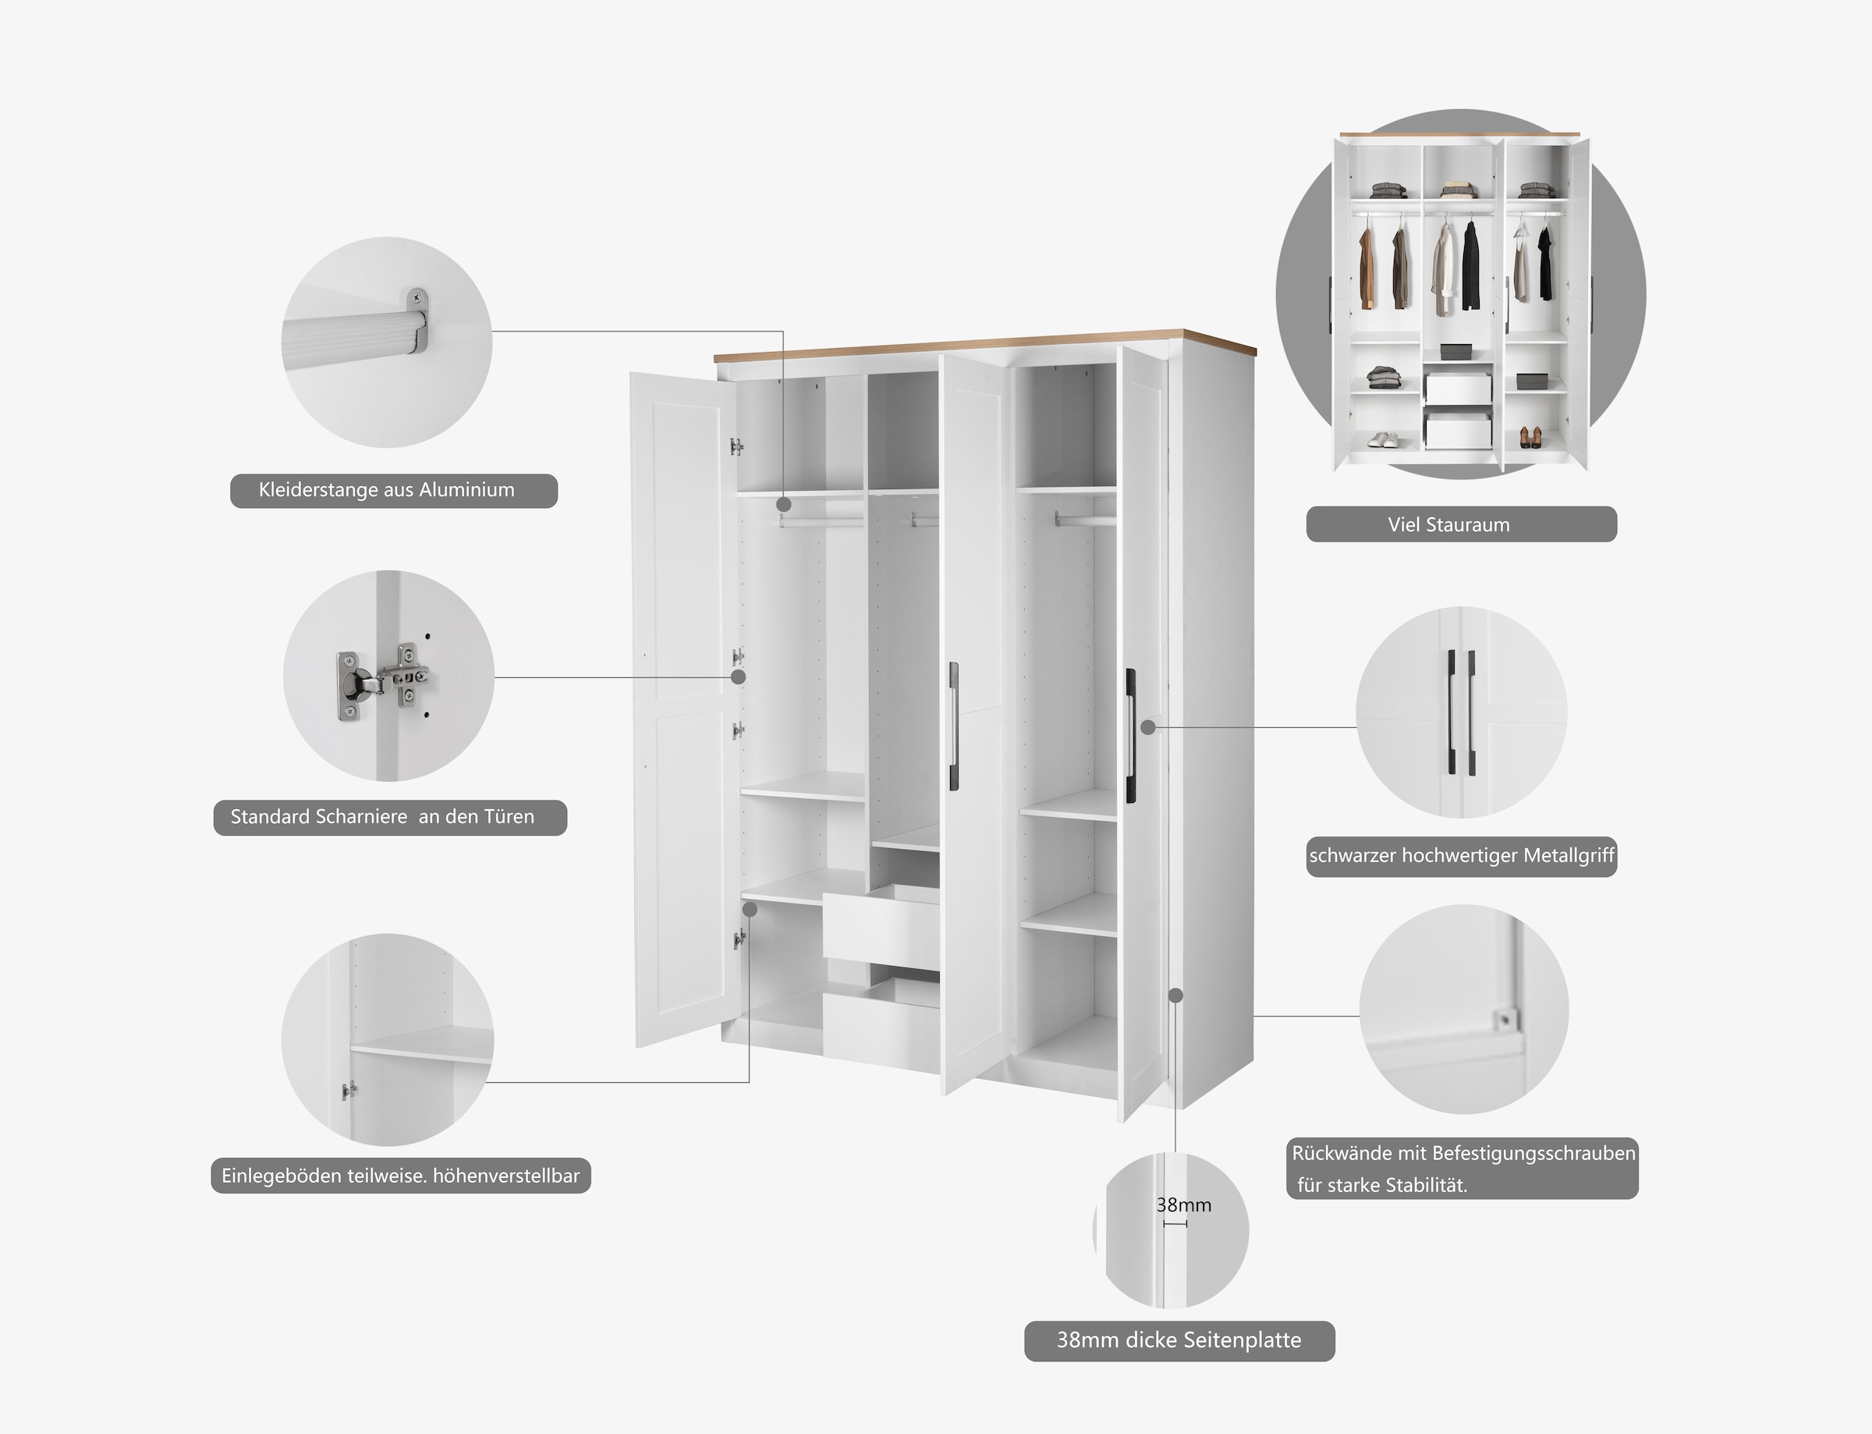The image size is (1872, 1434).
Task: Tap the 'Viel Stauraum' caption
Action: [1461, 524]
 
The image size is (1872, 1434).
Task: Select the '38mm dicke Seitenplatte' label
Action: [1179, 1340]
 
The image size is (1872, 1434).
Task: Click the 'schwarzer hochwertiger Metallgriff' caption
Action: [1461, 855]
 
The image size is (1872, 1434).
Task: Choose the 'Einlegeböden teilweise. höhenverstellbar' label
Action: [400, 1176]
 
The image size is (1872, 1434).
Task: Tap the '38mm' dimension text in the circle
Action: [1183, 1205]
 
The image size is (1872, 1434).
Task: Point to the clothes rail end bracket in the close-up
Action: [417, 321]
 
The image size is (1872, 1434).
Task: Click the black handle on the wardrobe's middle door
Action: [954, 726]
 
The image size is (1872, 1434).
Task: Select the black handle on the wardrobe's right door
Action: [1130, 735]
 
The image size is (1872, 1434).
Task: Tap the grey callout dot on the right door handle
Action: [1148, 727]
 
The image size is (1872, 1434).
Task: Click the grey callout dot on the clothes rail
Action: [783, 506]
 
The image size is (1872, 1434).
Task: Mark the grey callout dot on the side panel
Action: [1175, 996]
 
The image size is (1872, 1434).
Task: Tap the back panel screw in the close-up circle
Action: [1505, 1018]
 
